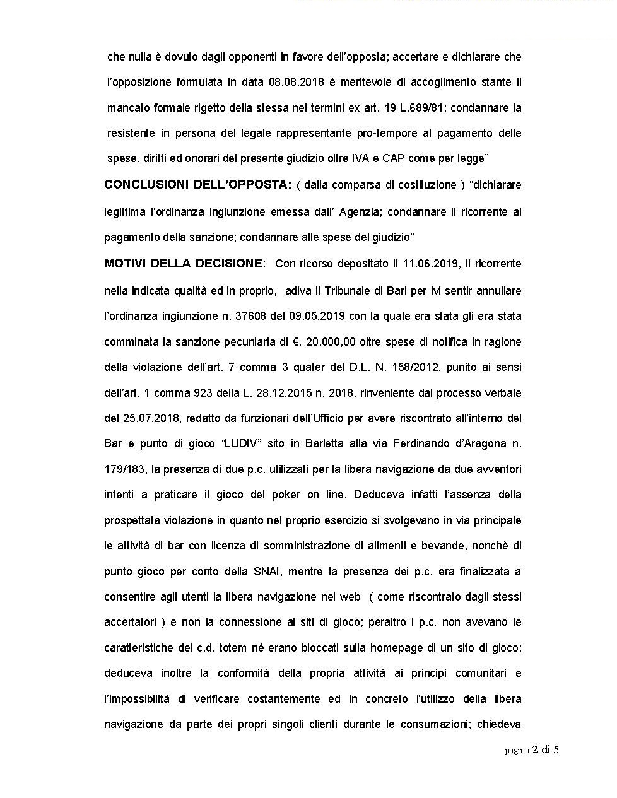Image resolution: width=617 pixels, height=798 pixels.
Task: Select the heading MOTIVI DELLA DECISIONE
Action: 183,264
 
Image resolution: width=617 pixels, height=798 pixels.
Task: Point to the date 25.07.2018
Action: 144,418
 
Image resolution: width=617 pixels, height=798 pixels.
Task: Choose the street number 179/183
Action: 125,469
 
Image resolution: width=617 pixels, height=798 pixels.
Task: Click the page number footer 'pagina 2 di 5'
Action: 532,750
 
